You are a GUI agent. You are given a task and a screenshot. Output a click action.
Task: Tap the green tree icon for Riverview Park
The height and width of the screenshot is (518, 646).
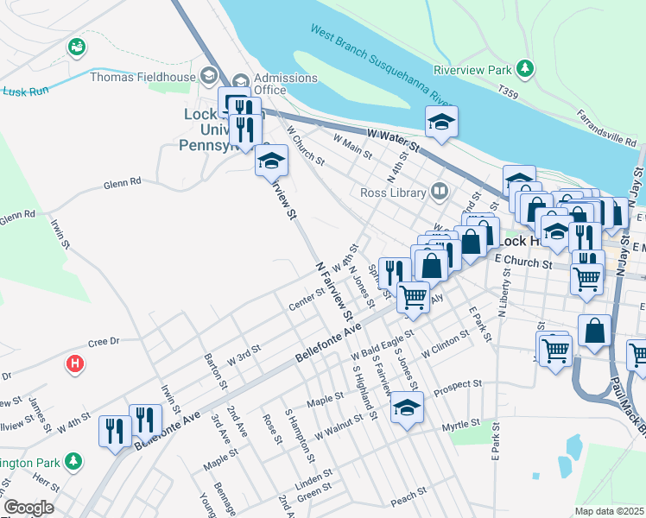pyautogui.click(x=524, y=67)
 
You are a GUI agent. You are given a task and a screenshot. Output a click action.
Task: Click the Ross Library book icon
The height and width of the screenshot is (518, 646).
pyautogui.click(x=440, y=190)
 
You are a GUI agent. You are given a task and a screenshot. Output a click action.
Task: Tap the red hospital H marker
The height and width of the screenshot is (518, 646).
pyautogui.click(x=75, y=364)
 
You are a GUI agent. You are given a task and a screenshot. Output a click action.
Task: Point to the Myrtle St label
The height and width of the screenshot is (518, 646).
pyautogui.click(x=459, y=424)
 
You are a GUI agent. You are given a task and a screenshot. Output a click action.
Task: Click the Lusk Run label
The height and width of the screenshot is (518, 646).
pyautogui.click(x=22, y=89)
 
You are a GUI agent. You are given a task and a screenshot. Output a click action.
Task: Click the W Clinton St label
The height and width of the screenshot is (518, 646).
pyautogui.click(x=445, y=351)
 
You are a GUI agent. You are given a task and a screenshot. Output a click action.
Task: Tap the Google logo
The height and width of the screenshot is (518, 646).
pyautogui.click(x=28, y=508)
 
